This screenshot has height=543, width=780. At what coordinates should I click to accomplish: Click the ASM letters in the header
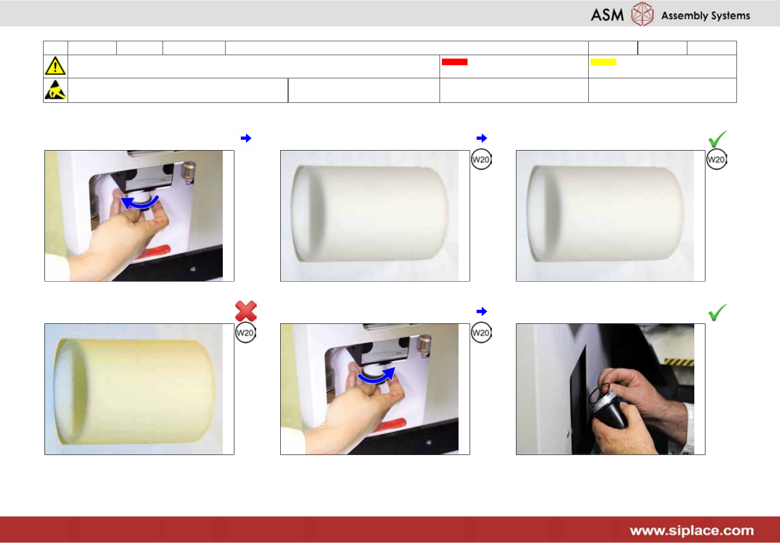(x=607, y=15)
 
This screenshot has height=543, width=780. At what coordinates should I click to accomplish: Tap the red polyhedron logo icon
(x=642, y=13)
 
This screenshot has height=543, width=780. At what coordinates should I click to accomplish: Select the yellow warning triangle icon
(x=55, y=66)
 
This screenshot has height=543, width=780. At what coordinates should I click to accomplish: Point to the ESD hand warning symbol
(x=55, y=90)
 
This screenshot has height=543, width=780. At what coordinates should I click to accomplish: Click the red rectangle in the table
(x=454, y=62)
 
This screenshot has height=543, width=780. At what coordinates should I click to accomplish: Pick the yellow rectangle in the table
(x=603, y=62)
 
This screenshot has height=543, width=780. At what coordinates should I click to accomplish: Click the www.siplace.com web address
(x=692, y=530)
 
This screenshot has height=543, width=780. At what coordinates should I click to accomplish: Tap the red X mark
(x=246, y=311)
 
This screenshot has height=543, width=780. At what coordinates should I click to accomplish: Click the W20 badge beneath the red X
(x=245, y=333)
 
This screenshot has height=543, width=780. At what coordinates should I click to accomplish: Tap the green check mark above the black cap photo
(x=717, y=312)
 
